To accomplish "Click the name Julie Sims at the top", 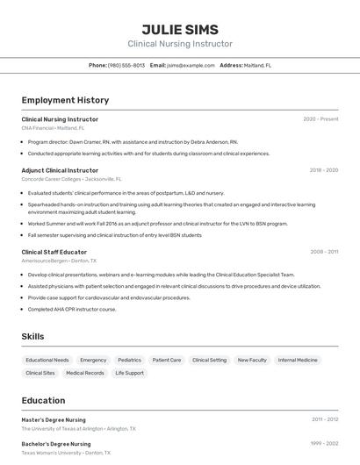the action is coord(180,29).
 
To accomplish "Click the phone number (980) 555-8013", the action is coord(126,65).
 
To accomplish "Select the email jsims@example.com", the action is coord(191,65).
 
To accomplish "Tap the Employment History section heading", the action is coord(65,100).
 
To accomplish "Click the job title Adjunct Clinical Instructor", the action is coord(60,170).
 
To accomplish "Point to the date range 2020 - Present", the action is coord(320,119).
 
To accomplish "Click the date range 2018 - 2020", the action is coord(323,170).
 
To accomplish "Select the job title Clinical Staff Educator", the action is coord(54,252).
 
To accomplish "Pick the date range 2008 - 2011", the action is coord(324,252).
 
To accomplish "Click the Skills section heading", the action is coord(33,336).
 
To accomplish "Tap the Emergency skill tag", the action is coord(93,360).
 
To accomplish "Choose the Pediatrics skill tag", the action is coord(129,360).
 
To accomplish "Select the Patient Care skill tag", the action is coord(167,360).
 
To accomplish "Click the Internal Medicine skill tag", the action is coord(298,360).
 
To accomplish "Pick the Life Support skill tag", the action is coord(129,373).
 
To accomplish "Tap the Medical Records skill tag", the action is coord(84,373).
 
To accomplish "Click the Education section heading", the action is coord(43,400).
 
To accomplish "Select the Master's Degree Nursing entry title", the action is coord(54,420).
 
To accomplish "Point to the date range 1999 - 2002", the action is coord(324,444).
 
